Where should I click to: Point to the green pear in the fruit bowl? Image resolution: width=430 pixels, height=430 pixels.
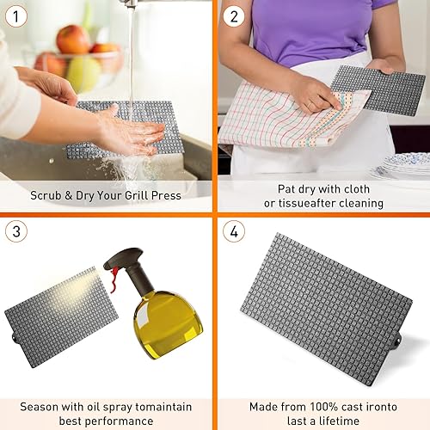pos(84,73)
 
